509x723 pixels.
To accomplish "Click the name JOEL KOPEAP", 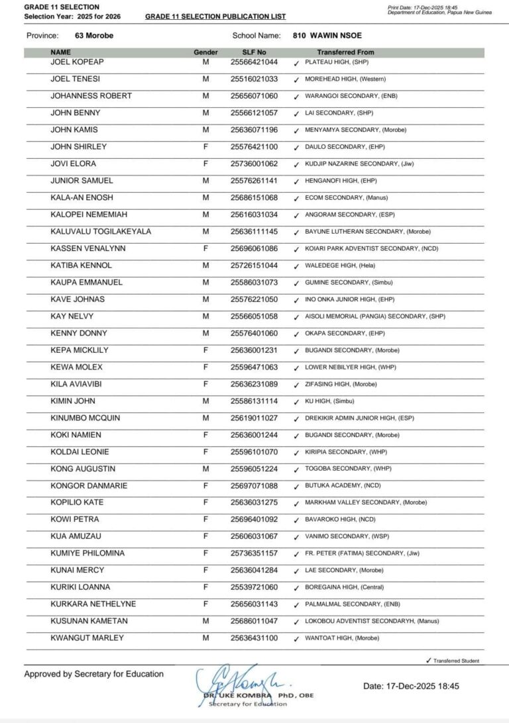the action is (77, 62).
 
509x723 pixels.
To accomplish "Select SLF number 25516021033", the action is (254, 79).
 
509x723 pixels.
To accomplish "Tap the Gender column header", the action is (205, 52).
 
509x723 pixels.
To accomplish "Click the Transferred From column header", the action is (345, 52).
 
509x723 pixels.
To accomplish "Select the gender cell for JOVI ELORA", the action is (205, 164).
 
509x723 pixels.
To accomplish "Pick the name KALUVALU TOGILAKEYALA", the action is (101, 232).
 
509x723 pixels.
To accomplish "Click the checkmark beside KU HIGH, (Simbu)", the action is (296, 401).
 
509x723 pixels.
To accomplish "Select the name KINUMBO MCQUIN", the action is (84, 418).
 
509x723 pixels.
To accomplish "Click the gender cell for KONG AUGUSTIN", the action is (205, 469).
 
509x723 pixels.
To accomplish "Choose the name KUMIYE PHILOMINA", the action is (87, 553).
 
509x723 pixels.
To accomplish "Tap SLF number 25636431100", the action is (254, 638).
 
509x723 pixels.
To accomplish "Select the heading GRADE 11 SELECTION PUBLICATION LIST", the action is (215, 16).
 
